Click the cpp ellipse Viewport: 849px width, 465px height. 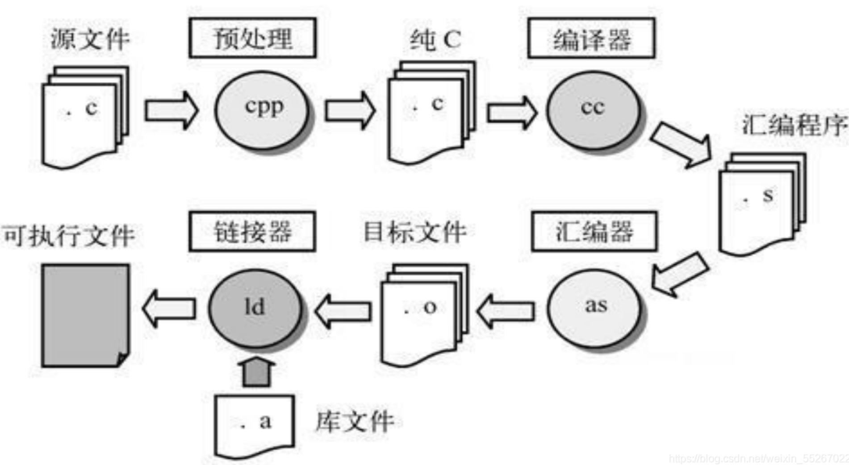pyautogui.click(x=262, y=110)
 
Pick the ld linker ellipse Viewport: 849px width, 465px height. pyautogui.click(x=255, y=309)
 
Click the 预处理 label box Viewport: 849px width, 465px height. pyautogui.click(x=253, y=38)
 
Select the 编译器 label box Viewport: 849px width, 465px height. pyautogui.click(x=591, y=38)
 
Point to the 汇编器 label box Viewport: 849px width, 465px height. pyautogui.click(x=594, y=232)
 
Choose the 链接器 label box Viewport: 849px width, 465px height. pyautogui.click(x=253, y=232)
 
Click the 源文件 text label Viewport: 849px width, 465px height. pyautogui.click(x=90, y=39)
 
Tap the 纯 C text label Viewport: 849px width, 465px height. pyautogui.click(x=435, y=39)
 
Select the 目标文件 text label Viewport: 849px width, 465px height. pyautogui.click(x=415, y=232)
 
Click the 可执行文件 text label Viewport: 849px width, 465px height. pyautogui.click(x=68, y=235)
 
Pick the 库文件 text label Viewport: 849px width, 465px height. pyautogui.click(x=355, y=421)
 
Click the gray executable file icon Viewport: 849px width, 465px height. pyautogui.click(x=85, y=315)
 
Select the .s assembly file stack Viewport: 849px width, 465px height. pyautogui.click(x=761, y=203)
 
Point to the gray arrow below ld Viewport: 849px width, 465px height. pyautogui.click(x=256, y=371)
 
